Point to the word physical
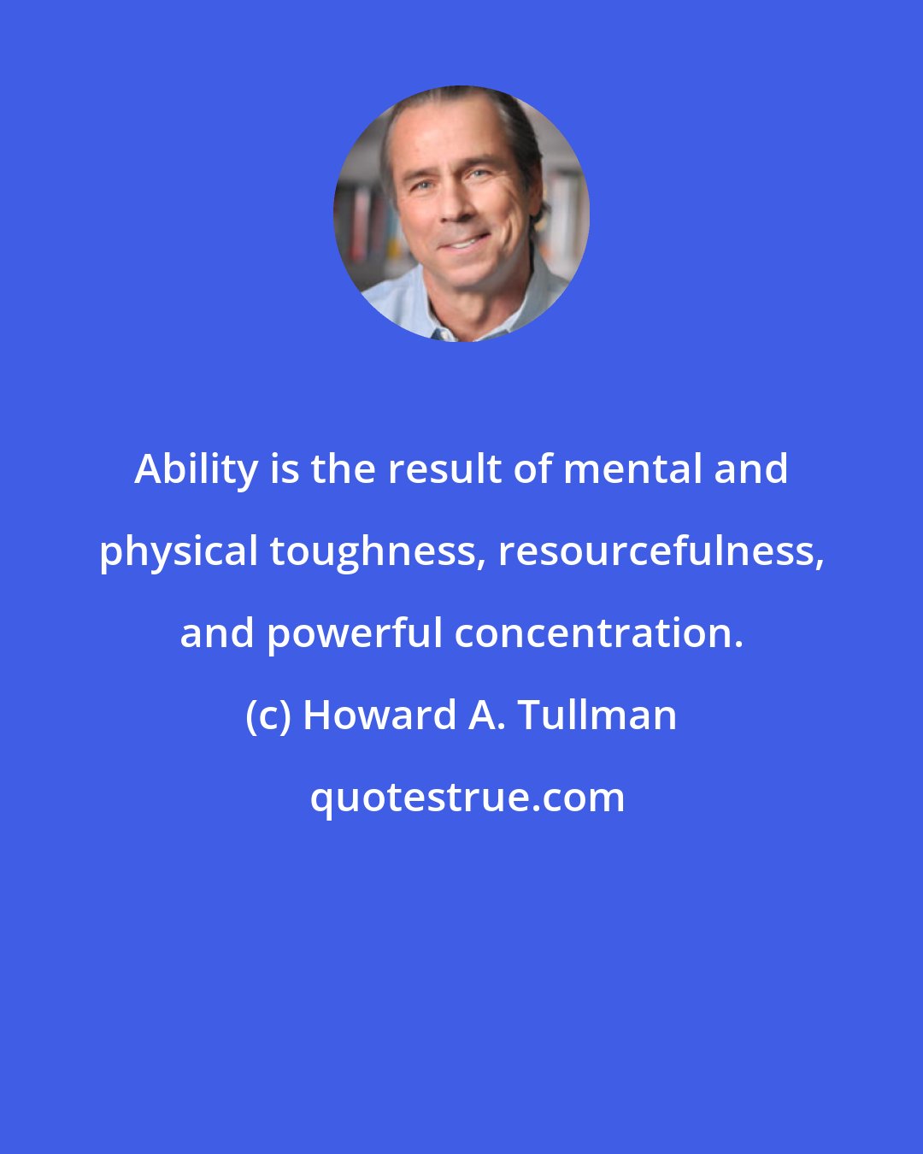pos(179,551)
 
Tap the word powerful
pos(356,633)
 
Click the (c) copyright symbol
pos(268,715)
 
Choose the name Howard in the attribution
pos(379,715)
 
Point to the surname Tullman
pos(597,715)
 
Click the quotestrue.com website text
pos(467,798)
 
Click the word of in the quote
pos(528,469)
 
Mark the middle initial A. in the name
pos(486,715)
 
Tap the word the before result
pos(339,469)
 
